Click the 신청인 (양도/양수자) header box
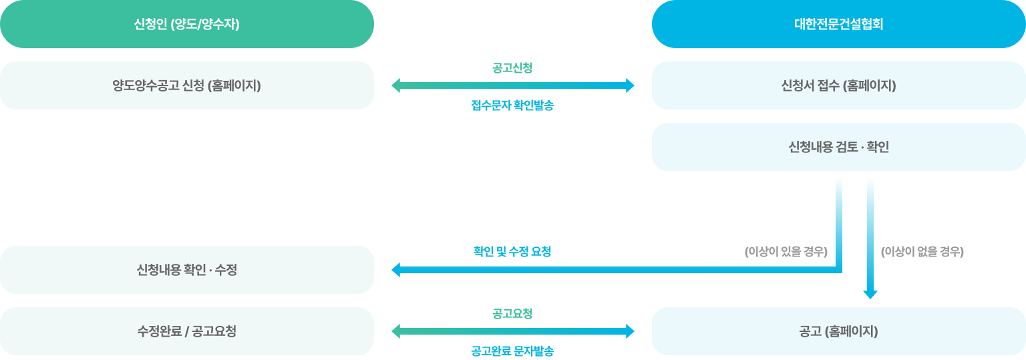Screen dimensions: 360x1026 point(186,24)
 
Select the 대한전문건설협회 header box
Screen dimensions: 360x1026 point(838,24)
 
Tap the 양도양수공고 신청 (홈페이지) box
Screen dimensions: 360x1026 point(186,85)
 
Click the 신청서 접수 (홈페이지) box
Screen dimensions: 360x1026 point(838,85)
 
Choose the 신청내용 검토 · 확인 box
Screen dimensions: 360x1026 point(838,147)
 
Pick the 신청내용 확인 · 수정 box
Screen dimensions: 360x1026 point(186,270)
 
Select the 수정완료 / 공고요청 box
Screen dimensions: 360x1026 point(186,331)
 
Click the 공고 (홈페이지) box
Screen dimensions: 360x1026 point(838,331)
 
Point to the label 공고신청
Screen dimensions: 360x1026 point(512,67)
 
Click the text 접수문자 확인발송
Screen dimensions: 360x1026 point(512,106)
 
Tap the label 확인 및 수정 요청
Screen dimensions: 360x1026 point(512,252)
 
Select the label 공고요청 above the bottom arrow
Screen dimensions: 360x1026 point(512,313)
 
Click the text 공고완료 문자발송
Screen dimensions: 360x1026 point(512,351)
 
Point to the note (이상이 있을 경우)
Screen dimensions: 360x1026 point(786,252)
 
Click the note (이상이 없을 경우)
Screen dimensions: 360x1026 point(922,252)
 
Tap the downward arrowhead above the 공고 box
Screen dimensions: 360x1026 point(870,294)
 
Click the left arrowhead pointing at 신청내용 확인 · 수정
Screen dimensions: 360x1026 point(395,270)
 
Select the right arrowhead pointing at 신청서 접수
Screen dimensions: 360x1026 point(630,85)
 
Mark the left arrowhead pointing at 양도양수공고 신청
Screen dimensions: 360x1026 point(395,85)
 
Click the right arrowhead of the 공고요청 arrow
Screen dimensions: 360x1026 point(630,331)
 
